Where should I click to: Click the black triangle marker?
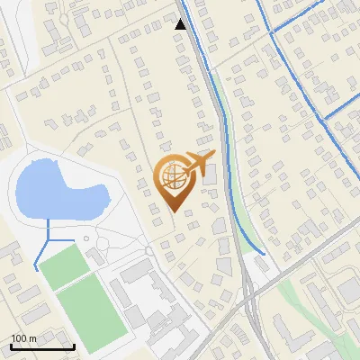181,24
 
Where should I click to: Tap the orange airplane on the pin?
197,164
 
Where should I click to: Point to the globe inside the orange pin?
172,177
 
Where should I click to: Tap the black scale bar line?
42,347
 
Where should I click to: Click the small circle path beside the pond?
85,238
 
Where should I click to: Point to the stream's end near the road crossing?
264,253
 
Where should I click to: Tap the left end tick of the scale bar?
12,346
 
